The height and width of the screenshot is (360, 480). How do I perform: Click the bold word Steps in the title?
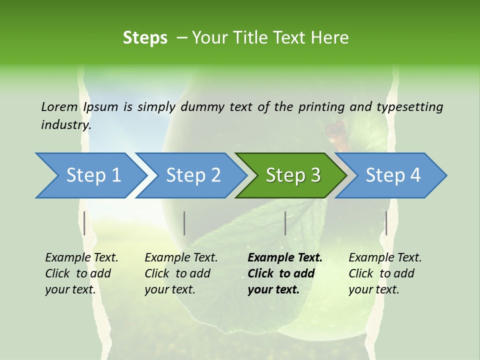click(x=145, y=37)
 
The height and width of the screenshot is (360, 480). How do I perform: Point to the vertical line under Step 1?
click(x=84, y=223)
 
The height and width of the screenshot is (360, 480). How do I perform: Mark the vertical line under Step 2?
click(x=184, y=223)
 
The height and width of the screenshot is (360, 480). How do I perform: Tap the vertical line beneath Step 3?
click(x=285, y=223)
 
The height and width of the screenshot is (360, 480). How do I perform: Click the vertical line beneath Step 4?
click(x=386, y=223)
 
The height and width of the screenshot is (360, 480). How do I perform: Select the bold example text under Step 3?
click(x=284, y=273)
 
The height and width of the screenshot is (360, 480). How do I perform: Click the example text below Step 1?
click(x=81, y=273)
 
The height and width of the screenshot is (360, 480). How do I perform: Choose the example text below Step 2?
click(x=181, y=273)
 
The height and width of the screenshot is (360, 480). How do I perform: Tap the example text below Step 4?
click(x=385, y=273)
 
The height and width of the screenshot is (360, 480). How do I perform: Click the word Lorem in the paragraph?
click(x=59, y=106)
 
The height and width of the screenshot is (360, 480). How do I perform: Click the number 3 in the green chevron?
click(x=314, y=175)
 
